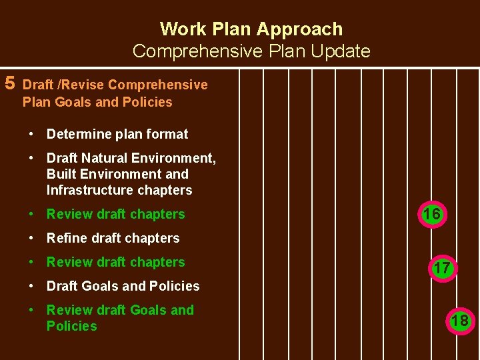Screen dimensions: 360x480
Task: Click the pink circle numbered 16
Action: (431, 214)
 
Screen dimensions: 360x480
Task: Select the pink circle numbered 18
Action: (459, 321)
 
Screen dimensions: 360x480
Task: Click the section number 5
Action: (10, 83)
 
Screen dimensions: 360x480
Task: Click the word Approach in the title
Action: (299, 29)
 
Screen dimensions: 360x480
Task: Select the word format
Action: (167, 134)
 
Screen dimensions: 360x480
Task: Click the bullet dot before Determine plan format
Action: (31, 134)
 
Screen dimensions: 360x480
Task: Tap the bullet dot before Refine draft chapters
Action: (31, 238)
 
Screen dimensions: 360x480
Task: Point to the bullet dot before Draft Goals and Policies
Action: (31, 286)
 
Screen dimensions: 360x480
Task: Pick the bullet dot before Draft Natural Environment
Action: (31, 158)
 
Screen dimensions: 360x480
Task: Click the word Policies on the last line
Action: (71, 326)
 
